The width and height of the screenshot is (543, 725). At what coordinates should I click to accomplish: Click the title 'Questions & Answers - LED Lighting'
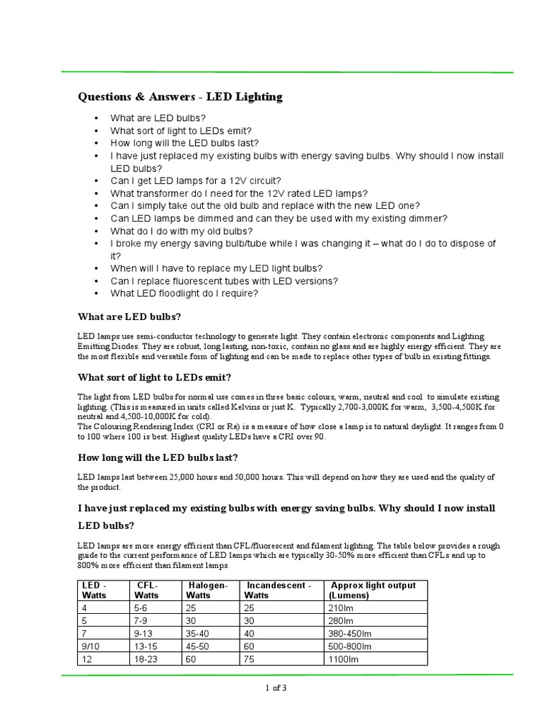pos(180,97)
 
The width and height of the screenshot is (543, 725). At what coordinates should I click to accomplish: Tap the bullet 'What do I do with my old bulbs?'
pos(181,231)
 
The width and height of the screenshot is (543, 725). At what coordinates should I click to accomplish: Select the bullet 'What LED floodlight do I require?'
pos(184,293)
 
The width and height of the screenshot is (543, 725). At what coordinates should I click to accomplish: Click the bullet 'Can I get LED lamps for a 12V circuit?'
pos(195,181)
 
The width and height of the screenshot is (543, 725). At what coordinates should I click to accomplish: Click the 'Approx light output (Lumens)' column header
pos(373,590)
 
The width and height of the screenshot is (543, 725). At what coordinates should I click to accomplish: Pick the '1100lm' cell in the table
pos(344,659)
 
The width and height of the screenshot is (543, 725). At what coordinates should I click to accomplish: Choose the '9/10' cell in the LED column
pos(90,646)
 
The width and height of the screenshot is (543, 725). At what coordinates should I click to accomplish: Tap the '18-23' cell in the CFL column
pos(145,659)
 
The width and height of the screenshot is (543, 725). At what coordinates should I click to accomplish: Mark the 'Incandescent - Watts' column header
pos(278,590)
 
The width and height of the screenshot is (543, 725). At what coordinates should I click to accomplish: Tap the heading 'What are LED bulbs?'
pos(134,316)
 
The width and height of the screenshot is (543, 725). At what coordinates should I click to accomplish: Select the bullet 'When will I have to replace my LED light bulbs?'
pos(216,268)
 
